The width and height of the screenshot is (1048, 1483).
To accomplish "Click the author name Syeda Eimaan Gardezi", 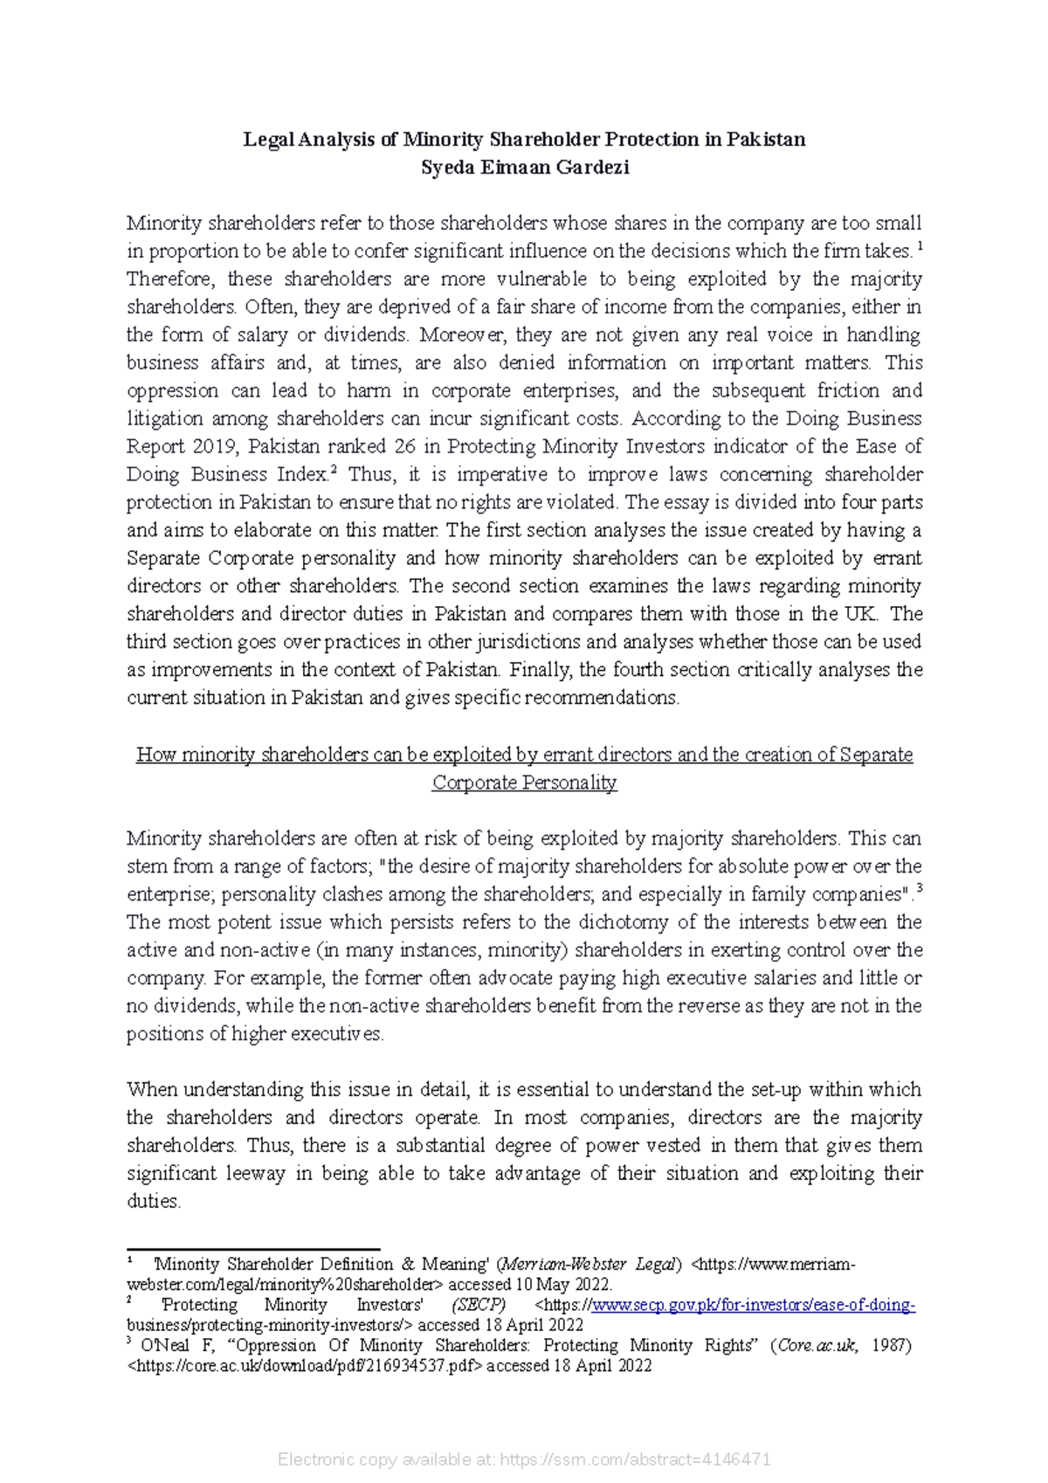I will pyautogui.click(x=524, y=169).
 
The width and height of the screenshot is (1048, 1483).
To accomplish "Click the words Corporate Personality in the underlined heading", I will pyautogui.click(x=524, y=783).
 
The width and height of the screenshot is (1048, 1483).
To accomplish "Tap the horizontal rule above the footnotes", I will pyautogui.click(x=253, y=1249).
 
